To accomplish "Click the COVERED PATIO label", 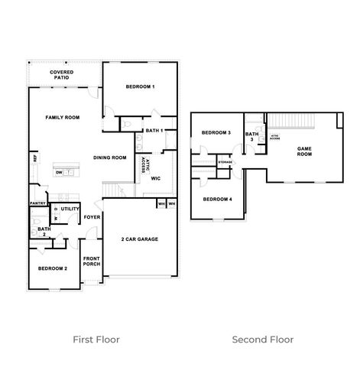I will coord(62,74).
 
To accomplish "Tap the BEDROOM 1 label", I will coord(140,86).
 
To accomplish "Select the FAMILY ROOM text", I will coord(62,117).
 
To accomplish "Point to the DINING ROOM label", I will coord(109,158).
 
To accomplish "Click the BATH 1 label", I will coord(154,131).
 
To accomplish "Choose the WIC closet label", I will coord(155,178).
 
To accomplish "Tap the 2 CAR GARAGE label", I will coord(139,239).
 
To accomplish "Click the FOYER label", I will coord(92,217).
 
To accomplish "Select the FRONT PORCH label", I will coord(92,261).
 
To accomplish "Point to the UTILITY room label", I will coord(70,208).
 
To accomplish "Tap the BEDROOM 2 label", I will coord(54,268).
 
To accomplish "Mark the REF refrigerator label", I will coord(35,158).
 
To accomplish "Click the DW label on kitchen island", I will coord(59,173).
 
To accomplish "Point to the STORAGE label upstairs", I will coord(225,162).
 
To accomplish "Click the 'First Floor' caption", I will coord(96,339).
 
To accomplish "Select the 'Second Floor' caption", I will coord(262,339).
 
